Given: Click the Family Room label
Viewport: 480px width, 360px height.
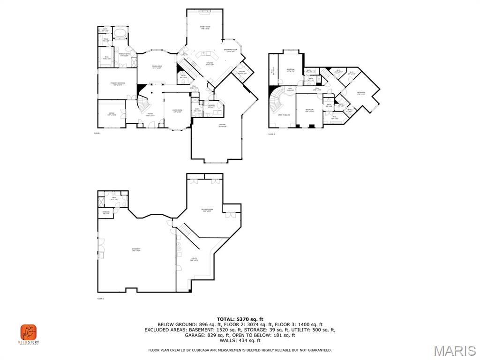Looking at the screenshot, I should [x=205, y=28].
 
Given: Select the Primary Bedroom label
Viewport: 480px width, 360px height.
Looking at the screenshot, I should [x=117, y=83].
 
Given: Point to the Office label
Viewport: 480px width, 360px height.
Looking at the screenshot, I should [x=112, y=114].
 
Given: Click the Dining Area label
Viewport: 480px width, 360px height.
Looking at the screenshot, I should [x=157, y=67].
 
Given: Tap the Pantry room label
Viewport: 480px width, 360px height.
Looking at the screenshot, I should [x=242, y=73].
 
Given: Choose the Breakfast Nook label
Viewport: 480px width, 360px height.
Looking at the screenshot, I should [x=231, y=51].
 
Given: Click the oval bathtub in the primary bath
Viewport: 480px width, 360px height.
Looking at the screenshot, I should [x=121, y=34].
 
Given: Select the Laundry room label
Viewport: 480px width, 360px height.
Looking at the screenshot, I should [x=211, y=106].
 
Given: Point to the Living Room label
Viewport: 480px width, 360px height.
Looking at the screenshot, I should [x=177, y=111].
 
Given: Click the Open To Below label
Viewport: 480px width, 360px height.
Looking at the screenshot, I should [x=284, y=115].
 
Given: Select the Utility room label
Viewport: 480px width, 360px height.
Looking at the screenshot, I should [x=194, y=259].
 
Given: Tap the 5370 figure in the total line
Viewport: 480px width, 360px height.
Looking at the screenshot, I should [x=246, y=319].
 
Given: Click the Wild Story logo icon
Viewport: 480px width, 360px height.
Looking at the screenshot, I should [x=28, y=332].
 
